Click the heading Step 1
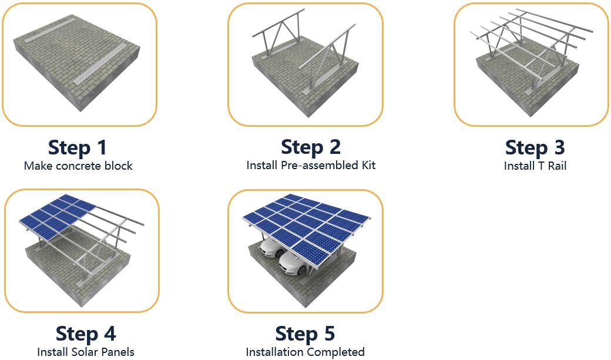(77, 147)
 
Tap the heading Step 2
(311, 147)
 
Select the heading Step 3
(535, 147)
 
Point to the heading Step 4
(86, 334)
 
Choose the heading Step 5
(305, 334)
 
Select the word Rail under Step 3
(557, 166)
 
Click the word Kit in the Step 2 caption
(368, 165)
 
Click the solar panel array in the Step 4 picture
(58, 216)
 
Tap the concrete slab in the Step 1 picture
(76, 63)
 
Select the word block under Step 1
(118, 166)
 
